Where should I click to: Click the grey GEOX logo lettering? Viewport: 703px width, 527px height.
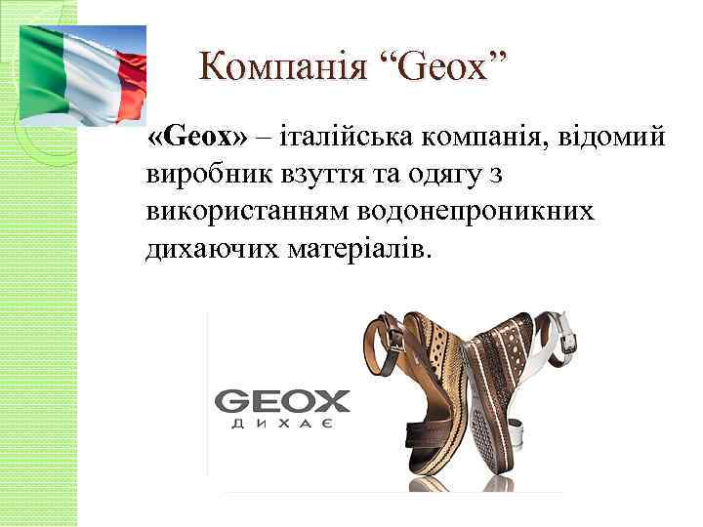point(281,401)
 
